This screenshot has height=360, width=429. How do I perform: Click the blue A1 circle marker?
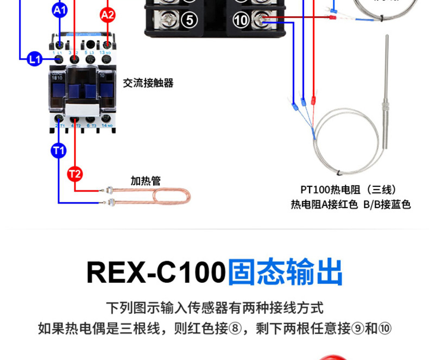(59, 9)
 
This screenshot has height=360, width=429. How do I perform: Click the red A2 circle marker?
(108, 15)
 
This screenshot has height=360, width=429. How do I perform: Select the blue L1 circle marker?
(35, 59)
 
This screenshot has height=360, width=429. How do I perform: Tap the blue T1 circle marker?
(59, 149)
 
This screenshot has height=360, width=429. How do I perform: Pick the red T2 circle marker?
(74, 174)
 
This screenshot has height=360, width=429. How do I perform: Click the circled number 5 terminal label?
(189, 21)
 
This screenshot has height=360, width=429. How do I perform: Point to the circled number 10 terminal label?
(241, 21)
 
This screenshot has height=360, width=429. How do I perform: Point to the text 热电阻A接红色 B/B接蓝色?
(350, 205)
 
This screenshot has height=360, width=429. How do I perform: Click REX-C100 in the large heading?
(156, 272)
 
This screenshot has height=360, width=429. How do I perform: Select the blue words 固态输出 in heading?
(286, 272)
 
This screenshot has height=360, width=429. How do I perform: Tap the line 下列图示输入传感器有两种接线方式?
(214, 308)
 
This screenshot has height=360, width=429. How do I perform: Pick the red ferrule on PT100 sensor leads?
(313, 101)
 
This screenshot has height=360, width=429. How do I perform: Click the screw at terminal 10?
(260, 21)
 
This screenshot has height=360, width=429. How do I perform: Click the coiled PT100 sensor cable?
(348, 141)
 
